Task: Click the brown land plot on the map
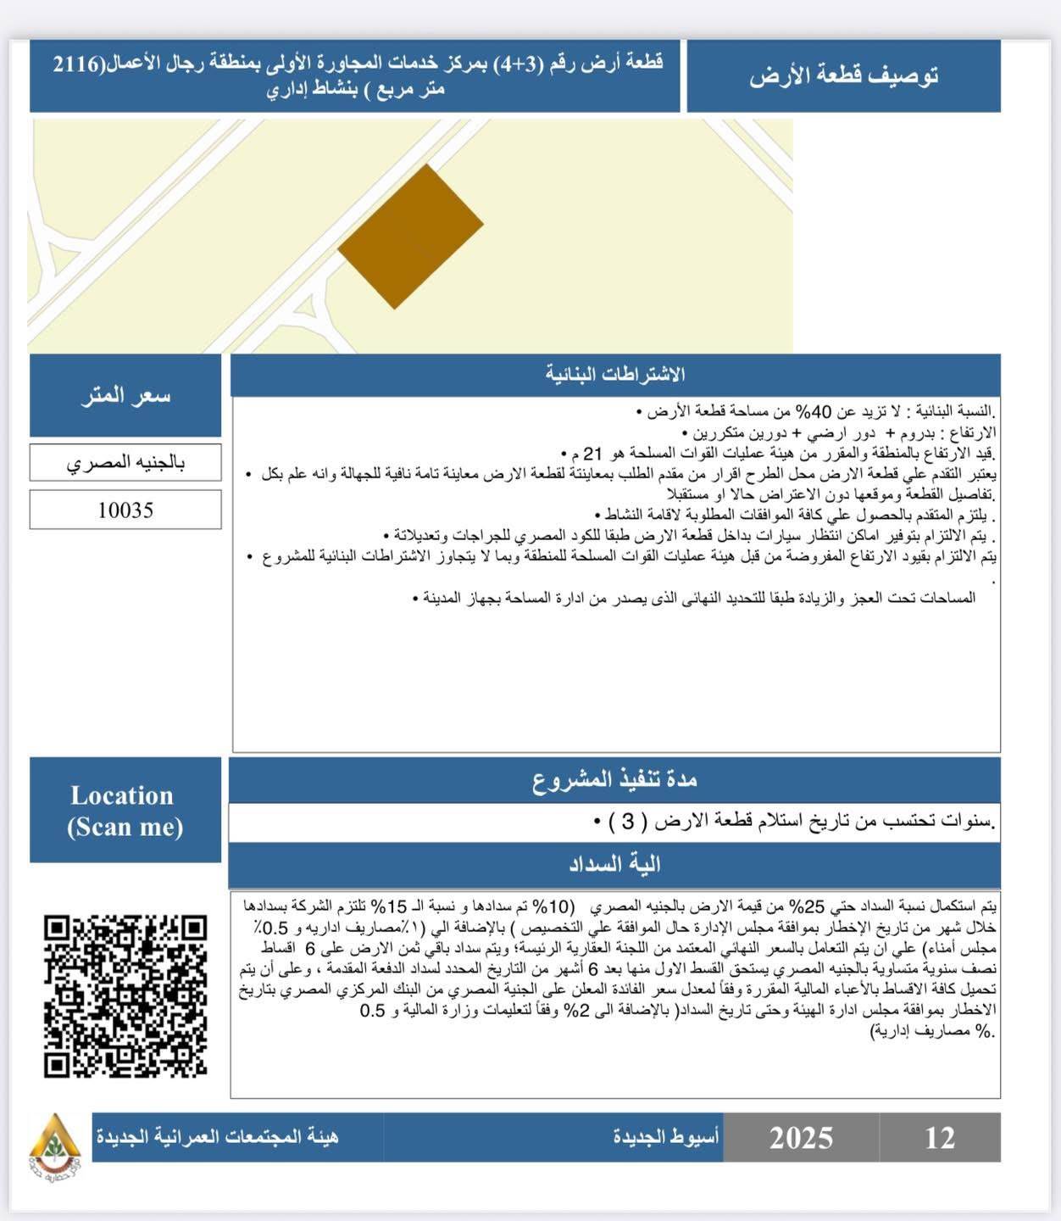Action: [411, 236]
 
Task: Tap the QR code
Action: [125, 996]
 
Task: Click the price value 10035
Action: [125, 510]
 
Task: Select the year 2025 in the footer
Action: [801, 1138]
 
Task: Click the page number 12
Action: [940, 1138]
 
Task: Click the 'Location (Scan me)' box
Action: [125, 811]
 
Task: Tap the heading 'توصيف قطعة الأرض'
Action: [843, 75]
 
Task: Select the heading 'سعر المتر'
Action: [125, 395]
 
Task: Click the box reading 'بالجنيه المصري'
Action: [125, 462]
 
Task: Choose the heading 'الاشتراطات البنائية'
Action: [615, 375]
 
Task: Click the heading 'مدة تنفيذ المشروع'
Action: [615, 779]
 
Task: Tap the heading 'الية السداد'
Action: [615, 865]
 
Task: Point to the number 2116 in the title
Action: [76, 64]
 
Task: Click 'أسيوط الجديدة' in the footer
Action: [666, 1136]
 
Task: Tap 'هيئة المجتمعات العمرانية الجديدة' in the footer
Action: [217, 1136]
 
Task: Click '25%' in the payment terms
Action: [801, 906]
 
